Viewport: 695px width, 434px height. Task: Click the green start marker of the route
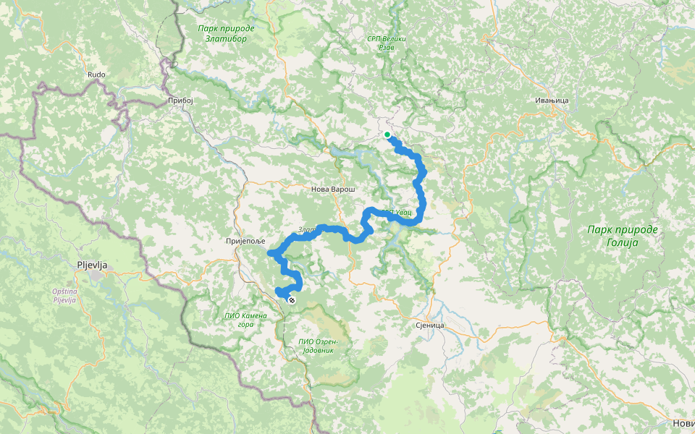tap(387, 135)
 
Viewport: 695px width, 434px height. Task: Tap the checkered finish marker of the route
tap(292, 299)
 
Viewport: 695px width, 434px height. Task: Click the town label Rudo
tap(96, 75)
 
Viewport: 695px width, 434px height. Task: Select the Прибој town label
tap(180, 101)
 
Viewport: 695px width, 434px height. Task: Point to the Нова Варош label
tap(332, 189)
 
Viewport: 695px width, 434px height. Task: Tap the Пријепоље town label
tap(246, 240)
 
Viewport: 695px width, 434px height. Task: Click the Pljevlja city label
tap(92, 265)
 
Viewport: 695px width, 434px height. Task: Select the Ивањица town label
tap(551, 101)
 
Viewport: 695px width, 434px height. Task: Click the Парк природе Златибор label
tap(226, 34)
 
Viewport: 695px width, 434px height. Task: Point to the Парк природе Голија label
tap(622, 236)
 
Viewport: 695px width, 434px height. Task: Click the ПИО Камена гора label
tap(246, 320)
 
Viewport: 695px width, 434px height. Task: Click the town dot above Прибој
tap(180, 92)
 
